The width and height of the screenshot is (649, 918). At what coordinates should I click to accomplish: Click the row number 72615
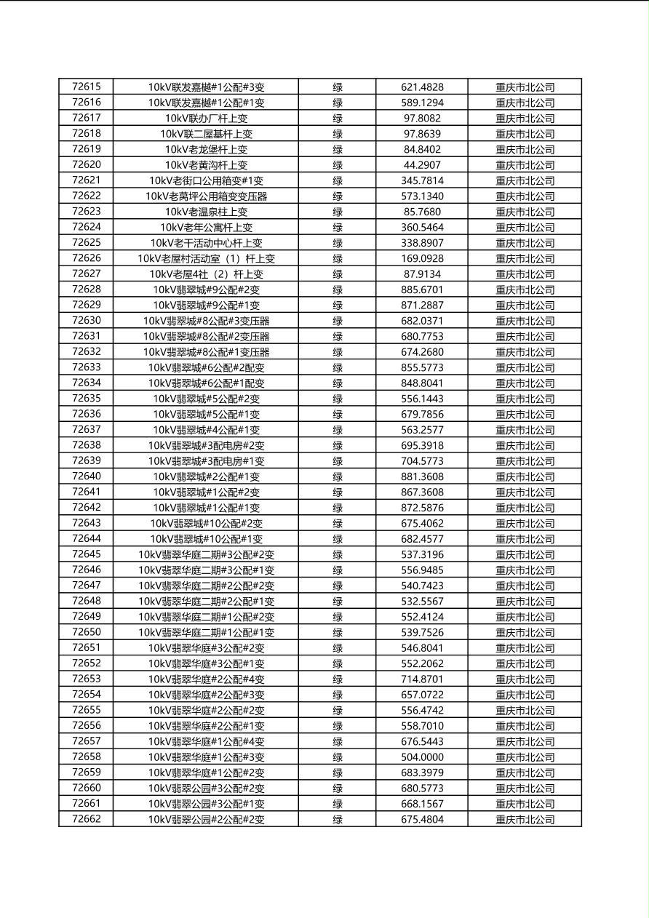[87, 87]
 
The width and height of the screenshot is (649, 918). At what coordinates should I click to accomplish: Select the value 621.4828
[422, 87]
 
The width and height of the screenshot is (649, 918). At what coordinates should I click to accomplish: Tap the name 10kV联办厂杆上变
[206, 118]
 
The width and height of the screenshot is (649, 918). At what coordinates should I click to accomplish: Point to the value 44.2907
[422, 165]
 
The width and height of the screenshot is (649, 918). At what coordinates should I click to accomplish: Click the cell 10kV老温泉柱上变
[206, 212]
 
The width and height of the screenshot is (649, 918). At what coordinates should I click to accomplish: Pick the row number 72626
[87, 258]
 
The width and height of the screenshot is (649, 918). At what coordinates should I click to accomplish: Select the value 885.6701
[422, 290]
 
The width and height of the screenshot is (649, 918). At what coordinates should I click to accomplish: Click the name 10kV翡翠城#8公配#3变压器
[206, 321]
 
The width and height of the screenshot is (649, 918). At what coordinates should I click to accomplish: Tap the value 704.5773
[422, 461]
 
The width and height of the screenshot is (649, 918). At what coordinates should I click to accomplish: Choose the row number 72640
[87, 476]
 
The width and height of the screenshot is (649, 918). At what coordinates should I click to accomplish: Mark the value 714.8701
[422, 679]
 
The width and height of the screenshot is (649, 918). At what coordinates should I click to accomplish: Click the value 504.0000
[422, 757]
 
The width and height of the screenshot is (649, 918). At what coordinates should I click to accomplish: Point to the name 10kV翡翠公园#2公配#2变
[206, 820]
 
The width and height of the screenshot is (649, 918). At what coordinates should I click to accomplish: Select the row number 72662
[87, 819]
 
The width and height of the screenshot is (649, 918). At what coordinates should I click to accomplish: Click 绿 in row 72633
[338, 367]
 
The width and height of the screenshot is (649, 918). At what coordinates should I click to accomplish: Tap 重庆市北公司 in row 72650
[525, 633]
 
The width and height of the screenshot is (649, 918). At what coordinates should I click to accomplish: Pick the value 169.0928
[422, 258]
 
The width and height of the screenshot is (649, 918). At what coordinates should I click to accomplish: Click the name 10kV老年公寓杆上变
[206, 227]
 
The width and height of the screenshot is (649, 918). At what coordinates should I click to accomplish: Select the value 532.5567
[422, 602]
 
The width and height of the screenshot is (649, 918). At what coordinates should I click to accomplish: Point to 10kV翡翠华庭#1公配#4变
[206, 742]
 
